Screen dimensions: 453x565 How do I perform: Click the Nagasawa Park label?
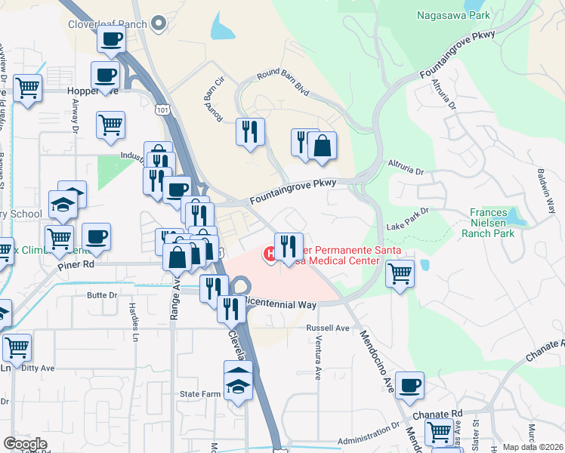click(x=452, y=14)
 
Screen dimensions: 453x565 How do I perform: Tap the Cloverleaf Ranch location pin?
click(x=159, y=24)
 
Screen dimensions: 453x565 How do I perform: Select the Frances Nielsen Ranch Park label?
click(x=492, y=223)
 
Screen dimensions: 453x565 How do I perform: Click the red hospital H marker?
click(x=270, y=254)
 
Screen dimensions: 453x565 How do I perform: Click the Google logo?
click(x=25, y=444)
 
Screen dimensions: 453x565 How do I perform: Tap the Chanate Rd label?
click(x=437, y=414)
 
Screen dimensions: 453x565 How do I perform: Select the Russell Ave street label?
click(x=328, y=328)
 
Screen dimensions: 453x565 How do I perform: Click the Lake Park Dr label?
click(x=407, y=218)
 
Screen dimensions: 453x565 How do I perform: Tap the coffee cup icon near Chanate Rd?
click(x=409, y=386)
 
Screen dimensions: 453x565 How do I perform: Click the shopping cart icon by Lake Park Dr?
click(x=400, y=273)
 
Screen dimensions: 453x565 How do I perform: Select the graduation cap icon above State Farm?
click(x=238, y=382)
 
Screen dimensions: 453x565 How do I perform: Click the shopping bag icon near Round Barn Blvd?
click(x=322, y=146)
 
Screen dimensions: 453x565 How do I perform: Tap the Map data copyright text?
click(x=533, y=447)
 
